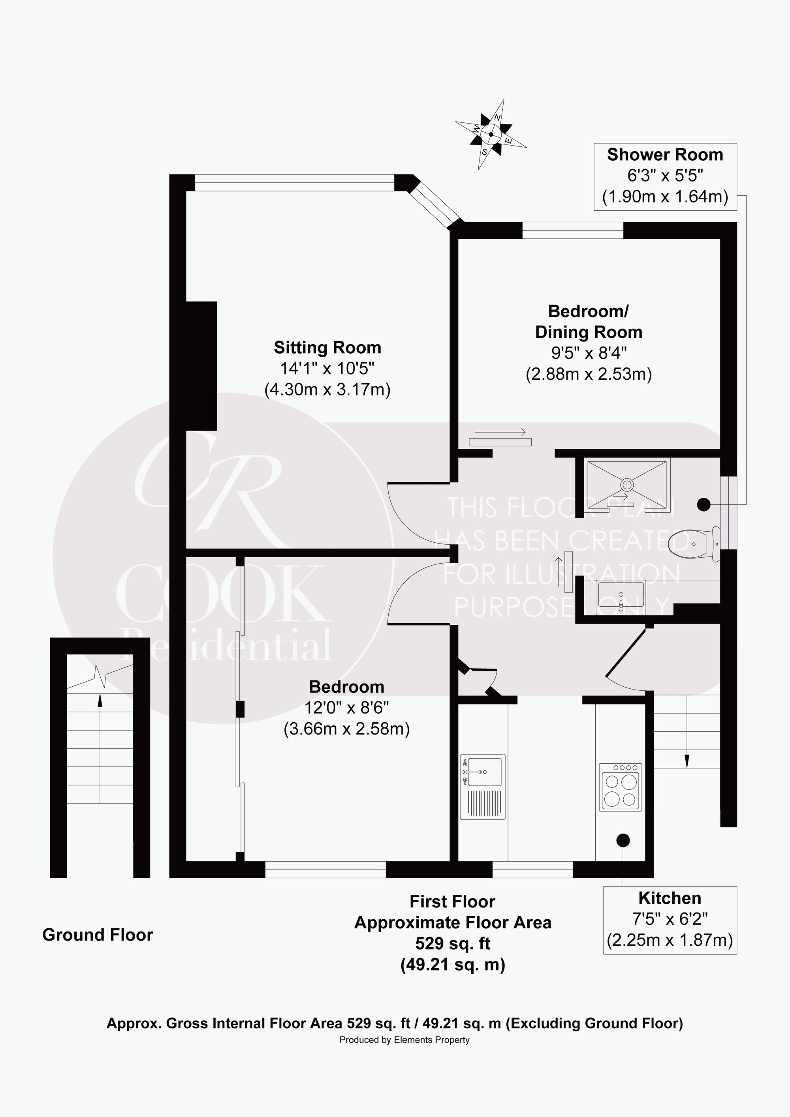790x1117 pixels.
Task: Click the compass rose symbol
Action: click(491, 134)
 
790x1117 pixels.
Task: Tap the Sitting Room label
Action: click(327, 347)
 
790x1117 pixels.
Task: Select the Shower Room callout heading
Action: click(665, 155)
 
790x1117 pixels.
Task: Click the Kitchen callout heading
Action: click(670, 898)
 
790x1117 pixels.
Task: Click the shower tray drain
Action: click(626, 485)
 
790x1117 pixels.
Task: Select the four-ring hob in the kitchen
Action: click(621, 787)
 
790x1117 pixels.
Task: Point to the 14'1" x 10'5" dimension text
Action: click(327, 368)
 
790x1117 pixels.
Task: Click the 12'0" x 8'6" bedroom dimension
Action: click(346, 707)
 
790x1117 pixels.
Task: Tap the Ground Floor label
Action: click(98, 935)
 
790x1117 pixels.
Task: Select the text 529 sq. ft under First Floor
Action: click(453, 943)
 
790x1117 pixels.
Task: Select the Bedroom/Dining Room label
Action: click(589, 321)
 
